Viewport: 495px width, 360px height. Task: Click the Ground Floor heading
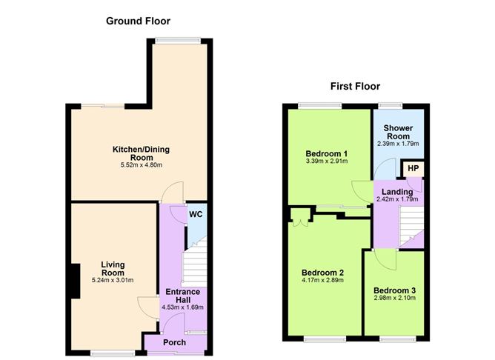[x=138, y=21]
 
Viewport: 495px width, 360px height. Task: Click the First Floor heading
[x=355, y=86]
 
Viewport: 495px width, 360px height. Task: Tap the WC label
[x=196, y=215]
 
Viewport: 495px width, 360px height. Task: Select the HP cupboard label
[x=413, y=168]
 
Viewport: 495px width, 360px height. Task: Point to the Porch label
[x=174, y=342]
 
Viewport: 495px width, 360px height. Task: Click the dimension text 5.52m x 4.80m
[x=142, y=164]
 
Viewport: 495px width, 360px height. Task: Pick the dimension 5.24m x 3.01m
[x=113, y=280]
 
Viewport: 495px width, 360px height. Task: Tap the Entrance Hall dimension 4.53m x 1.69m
[x=182, y=307]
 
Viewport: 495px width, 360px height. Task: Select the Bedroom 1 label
[x=327, y=153]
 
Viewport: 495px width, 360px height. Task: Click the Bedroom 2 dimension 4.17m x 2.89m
[x=322, y=280]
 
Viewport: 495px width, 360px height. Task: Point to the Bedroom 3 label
[x=395, y=290]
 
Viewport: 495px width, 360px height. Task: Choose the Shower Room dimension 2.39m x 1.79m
[x=398, y=144]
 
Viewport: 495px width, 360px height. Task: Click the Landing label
[x=397, y=192]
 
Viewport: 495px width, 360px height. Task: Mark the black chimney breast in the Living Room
[x=75, y=281]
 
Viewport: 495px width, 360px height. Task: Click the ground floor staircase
[x=195, y=262]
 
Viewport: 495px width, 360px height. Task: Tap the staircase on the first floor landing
[x=411, y=226]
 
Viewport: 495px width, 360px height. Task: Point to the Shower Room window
[x=391, y=106]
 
